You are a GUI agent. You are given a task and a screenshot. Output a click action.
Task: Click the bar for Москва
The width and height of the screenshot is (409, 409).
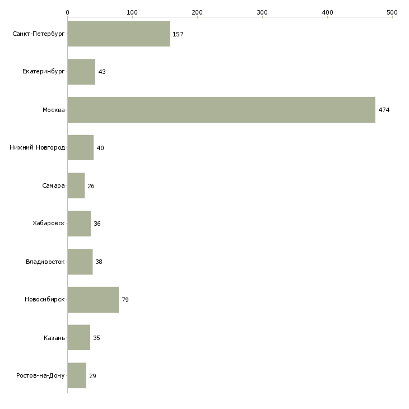coord(221,110)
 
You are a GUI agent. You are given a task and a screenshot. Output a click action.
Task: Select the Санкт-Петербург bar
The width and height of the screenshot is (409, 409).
coord(119,34)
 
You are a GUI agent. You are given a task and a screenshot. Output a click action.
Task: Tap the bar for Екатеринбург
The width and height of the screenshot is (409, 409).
coord(81,72)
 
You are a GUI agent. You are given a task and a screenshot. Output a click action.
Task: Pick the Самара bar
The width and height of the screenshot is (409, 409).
coord(76,185)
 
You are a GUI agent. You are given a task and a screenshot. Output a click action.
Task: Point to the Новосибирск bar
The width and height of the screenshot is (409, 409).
coord(93,300)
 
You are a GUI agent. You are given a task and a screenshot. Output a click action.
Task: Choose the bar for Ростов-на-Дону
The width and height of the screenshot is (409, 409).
coord(77,375)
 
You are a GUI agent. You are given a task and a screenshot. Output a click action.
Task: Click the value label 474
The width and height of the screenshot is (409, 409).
coord(384,110)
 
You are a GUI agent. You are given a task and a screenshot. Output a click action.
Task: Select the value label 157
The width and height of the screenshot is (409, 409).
coord(178,34)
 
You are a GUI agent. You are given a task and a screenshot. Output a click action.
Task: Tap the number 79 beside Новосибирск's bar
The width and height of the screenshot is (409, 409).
coord(125,300)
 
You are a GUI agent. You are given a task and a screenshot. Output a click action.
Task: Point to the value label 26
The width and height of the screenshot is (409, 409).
coord(91,186)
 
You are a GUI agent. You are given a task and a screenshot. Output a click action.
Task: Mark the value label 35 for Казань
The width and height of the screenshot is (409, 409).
coord(96,338)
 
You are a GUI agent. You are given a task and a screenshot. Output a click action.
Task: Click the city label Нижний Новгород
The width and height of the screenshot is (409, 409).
coord(38,148)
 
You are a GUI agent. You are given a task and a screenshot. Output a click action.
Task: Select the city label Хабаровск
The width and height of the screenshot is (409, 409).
coord(49,224)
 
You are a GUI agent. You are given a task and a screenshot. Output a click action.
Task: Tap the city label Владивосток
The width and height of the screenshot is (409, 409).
coord(45,262)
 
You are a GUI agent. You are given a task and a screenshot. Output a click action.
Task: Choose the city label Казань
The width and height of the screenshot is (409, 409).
coord(54,338)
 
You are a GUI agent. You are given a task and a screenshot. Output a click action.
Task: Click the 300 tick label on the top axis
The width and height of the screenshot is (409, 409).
coord(262,12)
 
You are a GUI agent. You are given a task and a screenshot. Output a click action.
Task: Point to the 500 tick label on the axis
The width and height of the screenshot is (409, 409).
coord(392,12)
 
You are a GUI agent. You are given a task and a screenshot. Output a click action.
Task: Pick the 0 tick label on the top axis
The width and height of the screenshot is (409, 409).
coord(68,12)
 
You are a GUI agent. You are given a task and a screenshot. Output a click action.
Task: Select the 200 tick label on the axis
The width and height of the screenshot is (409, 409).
coord(197,12)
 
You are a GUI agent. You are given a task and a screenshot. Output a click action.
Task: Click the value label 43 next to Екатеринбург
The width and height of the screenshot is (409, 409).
coord(102,72)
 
